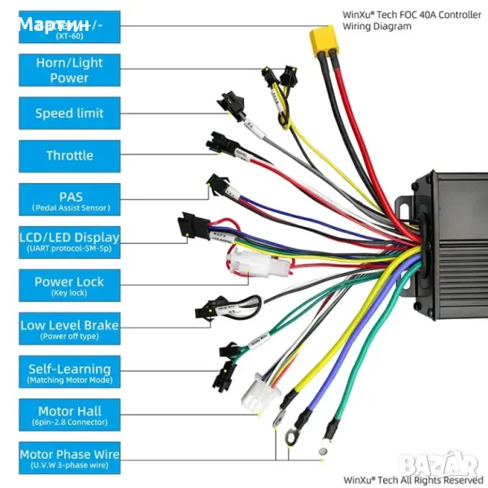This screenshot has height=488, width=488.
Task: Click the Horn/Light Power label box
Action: click(x=69, y=71)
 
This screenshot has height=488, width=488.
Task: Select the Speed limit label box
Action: click(x=69, y=113)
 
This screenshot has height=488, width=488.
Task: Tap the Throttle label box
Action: click(x=69, y=155)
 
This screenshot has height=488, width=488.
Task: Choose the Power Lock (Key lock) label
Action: click(x=69, y=285)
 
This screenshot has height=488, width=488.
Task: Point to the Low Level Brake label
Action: click(x=69, y=329)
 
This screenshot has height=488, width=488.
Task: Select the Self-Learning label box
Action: click(x=69, y=373)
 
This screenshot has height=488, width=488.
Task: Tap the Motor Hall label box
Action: click(x=69, y=415)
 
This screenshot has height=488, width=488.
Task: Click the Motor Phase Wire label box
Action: click(x=69, y=458)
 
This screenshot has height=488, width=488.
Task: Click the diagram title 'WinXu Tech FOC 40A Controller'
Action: click(x=412, y=14)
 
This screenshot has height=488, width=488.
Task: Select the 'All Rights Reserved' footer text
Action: click(x=413, y=480)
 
